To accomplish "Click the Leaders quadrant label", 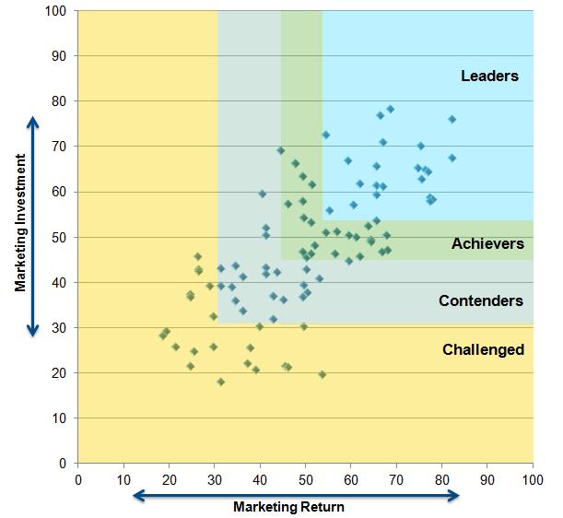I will (x=490, y=76).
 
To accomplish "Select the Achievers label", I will (x=487, y=244).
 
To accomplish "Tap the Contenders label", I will (x=481, y=300).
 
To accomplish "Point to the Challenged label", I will (x=483, y=349).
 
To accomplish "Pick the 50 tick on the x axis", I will (x=305, y=478).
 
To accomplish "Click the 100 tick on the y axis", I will (x=58, y=11).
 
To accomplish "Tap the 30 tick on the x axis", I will (x=215, y=478).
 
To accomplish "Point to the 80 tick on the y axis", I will (x=61, y=101).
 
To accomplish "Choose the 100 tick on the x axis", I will (x=533, y=478).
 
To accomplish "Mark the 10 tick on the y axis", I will (x=61, y=418).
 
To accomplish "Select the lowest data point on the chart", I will (x=220, y=382).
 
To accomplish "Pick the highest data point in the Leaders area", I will (x=390, y=109).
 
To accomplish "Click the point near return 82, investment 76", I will (x=452, y=119).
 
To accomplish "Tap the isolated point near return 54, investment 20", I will (x=323, y=374).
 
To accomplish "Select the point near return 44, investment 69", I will (x=281, y=150).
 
